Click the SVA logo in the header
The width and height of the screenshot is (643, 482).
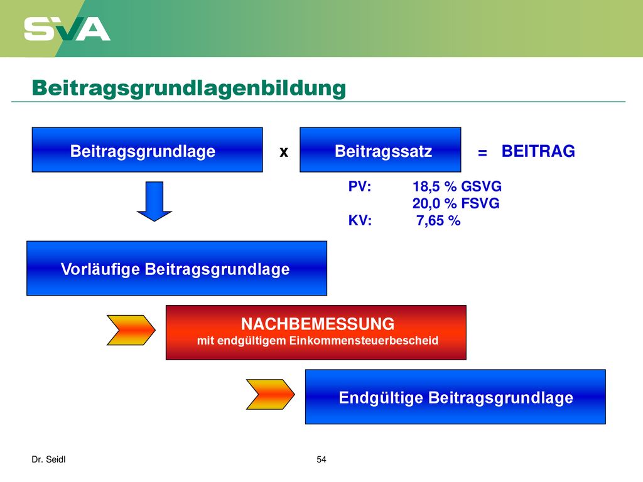pos(67,29)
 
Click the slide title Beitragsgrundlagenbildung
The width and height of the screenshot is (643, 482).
pos(189,88)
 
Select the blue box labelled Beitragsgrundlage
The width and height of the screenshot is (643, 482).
pos(147,149)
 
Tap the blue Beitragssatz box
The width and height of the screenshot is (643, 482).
pos(380,149)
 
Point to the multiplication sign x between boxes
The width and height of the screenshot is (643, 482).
pos(284,152)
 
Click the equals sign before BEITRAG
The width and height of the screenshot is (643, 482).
pos(483,153)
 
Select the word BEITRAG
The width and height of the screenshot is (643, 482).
pos(538,151)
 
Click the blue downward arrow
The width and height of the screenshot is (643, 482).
pos(154,201)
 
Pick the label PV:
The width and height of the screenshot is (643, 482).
pos(360,186)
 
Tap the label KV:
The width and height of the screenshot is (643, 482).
pos(360,220)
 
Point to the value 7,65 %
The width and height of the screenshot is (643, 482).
pos(438,220)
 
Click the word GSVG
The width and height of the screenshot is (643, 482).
pos(482,186)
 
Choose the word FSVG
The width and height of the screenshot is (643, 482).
pos(480,203)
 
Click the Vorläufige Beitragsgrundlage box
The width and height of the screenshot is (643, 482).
pos(176,269)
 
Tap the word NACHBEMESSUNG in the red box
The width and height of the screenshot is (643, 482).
pos(317,324)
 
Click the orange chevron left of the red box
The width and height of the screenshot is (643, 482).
pos(131,330)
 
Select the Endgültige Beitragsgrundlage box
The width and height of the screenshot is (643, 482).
pos(455,397)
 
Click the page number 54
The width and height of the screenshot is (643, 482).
pos(321,459)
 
